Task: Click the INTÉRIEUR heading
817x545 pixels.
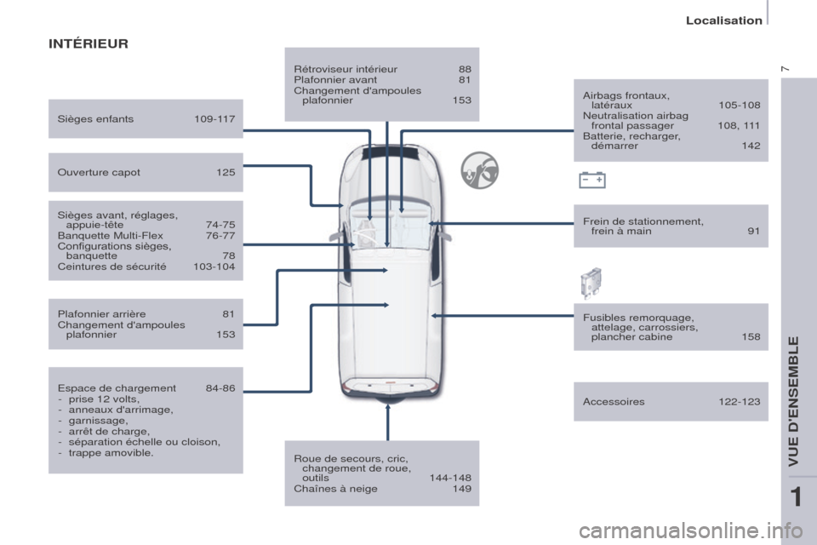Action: click(x=88, y=43)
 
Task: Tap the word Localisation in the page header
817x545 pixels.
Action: click(x=723, y=20)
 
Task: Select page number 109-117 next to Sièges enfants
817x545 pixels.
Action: click(x=214, y=119)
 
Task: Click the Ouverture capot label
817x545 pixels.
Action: click(x=99, y=173)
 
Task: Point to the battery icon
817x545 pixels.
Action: click(x=592, y=180)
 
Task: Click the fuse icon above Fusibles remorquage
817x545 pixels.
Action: click(x=591, y=284)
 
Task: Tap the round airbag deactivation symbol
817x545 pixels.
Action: click(x=479, y=170)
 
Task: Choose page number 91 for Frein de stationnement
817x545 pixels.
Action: click(x=753, y=231)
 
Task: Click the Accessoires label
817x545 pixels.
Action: click(x=614, y=402)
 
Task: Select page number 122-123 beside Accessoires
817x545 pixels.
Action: click(x=740, y=402)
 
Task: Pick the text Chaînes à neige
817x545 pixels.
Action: click(x=335, y=489)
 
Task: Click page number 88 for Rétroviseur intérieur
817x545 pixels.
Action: click(x=465, y=69)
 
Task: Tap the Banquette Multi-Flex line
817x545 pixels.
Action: click(x=110, y=236)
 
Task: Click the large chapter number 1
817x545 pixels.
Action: click(x=797, y=497)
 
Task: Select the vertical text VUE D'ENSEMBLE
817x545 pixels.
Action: click(x=793, y=401)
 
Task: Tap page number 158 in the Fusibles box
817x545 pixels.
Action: click(x=751, y=337)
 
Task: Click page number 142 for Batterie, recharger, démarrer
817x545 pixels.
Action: click(x=751, y=146)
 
